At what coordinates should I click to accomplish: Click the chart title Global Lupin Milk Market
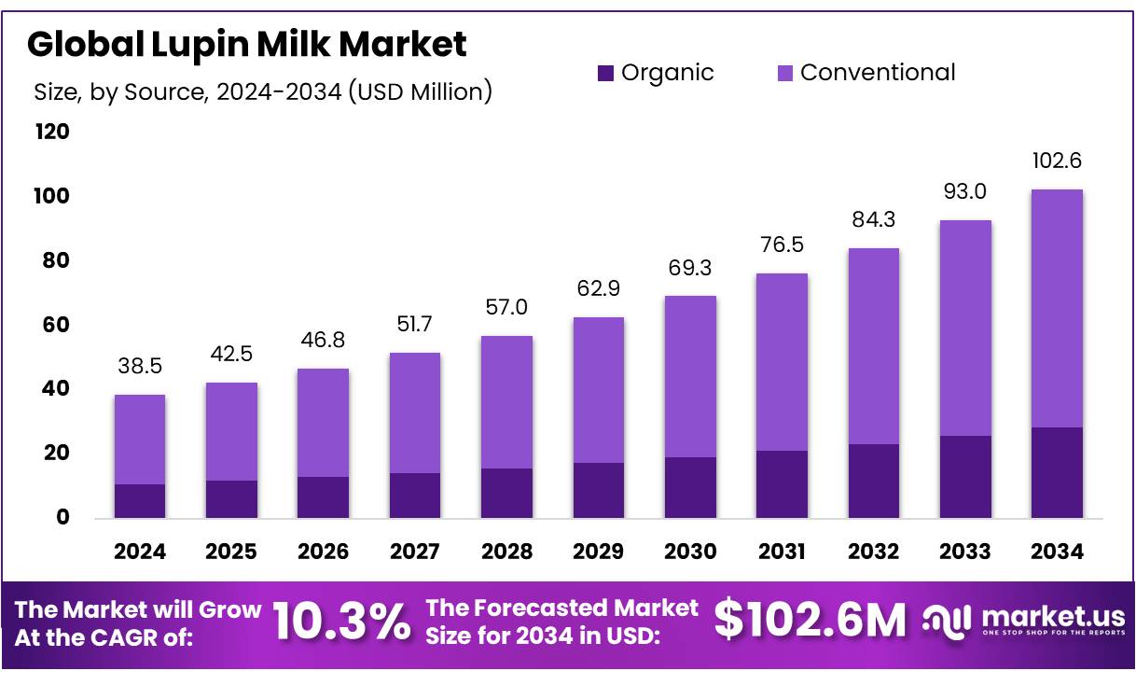click(x=247, y=43)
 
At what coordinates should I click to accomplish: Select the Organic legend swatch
click(x=605, y=73)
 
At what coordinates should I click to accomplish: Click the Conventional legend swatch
click(x=783, y=73)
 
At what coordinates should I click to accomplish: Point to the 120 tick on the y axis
click(x=52, y=133)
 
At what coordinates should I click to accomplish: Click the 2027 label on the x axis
click(x=415, y=552)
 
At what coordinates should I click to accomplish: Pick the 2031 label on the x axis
click(x=782, y=552)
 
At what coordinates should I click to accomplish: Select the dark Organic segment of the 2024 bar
click(x=140, y=501)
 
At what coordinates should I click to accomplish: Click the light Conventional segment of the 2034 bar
click(x=1057, y=308)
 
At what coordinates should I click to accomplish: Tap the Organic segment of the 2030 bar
click(x=690, y=487)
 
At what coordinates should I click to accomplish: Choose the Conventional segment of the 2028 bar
click(x=506, y=402)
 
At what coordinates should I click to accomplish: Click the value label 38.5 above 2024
click(x=140, y=367)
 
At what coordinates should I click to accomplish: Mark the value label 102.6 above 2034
click(x=1057, y=161)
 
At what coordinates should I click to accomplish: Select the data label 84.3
click(x=874, y=221)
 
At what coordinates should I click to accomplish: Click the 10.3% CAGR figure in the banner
click(x=341, y=621)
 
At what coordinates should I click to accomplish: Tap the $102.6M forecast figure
click(x=810, y=621)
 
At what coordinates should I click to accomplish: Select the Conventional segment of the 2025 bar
click(x=231, y=431)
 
